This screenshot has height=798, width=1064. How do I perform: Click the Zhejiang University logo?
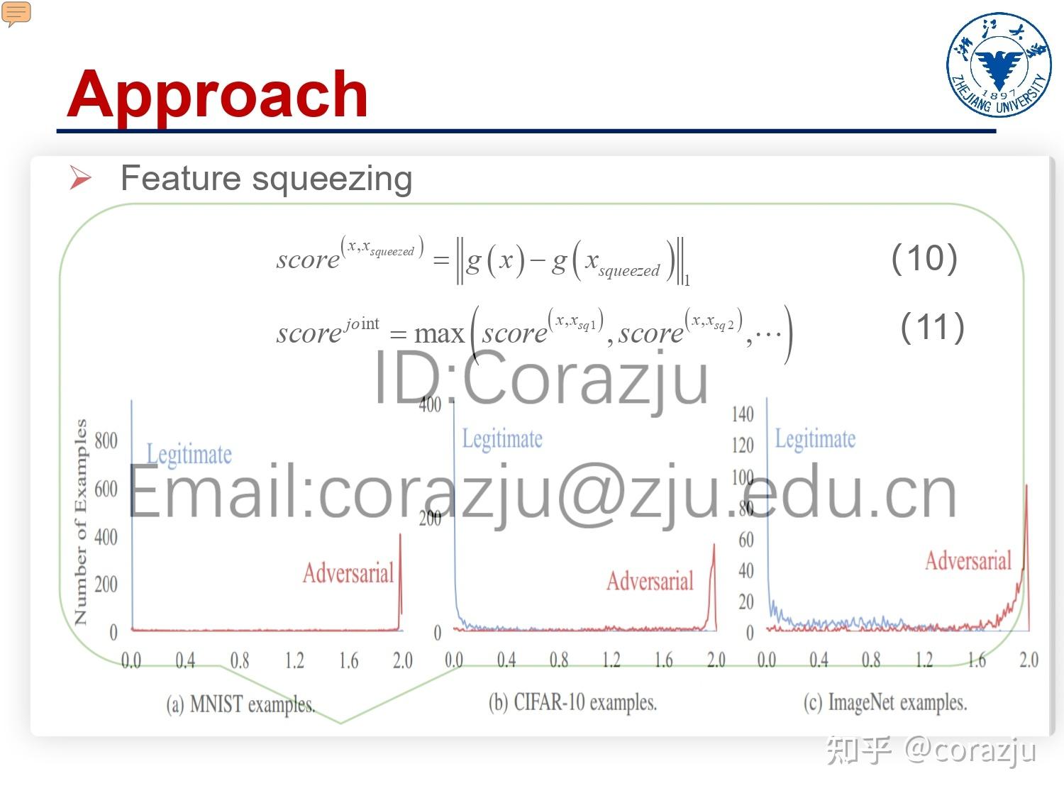click(x=999, y=65)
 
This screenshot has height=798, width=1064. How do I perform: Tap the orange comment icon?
click(x=16, y=13)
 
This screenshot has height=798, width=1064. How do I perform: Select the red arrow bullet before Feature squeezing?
click(x=80, y=177)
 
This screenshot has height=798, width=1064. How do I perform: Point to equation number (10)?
click(x=924, y=258)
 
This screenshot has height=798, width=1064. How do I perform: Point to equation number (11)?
click(x=932, y=328)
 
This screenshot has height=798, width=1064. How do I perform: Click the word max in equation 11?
click(x=439, y=333)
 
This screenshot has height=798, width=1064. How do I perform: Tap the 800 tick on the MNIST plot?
click(x=106, y=440)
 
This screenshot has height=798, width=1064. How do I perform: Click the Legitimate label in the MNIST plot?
click(x=189, y=454)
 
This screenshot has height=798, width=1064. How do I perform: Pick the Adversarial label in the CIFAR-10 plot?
click(x=650, y=581)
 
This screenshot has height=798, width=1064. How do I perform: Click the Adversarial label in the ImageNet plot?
click(x=968, y=560)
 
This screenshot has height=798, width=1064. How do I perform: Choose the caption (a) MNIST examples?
click(x=240, y=704)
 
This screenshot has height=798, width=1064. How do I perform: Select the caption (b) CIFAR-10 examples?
click(x=572, y=702)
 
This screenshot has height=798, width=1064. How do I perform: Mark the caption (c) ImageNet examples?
click(x=885, y=703)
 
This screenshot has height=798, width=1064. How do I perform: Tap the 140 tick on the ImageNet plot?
click(x=742, y=414)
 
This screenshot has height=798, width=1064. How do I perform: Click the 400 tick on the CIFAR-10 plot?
click(x=430, y=404)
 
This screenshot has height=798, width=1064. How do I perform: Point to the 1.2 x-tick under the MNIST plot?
click(x=294, y=661)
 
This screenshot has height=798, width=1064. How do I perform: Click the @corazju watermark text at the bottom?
click(x=970, y=750)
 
